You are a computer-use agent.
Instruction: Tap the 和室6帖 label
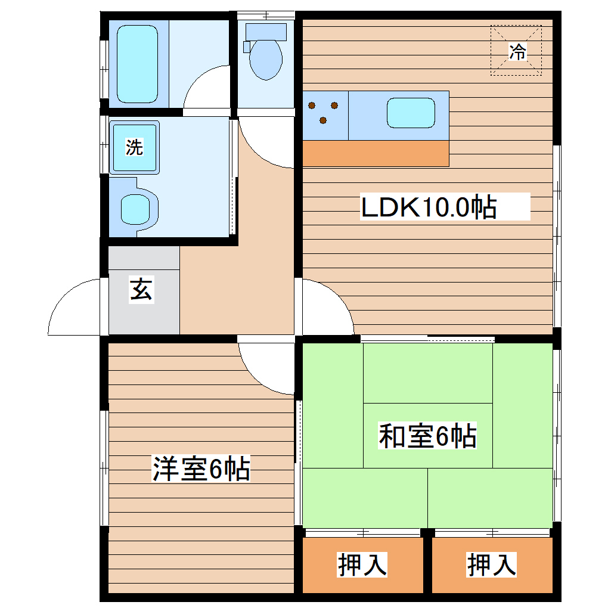[427, 436]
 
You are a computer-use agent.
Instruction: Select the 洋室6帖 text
[200, 469]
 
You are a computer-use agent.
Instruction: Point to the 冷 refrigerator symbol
[517, 51]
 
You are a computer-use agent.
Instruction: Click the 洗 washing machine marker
[134, 147]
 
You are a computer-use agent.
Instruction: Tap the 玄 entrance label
[141, 290]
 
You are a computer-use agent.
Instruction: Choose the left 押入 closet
[362, 564]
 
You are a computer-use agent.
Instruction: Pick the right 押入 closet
[492, 564]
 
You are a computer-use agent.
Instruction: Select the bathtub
[138, 63]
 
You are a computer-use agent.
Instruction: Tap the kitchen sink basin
[411, 113]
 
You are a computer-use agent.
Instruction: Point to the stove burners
[323, 112]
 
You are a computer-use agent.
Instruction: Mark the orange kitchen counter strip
[376, 153]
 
